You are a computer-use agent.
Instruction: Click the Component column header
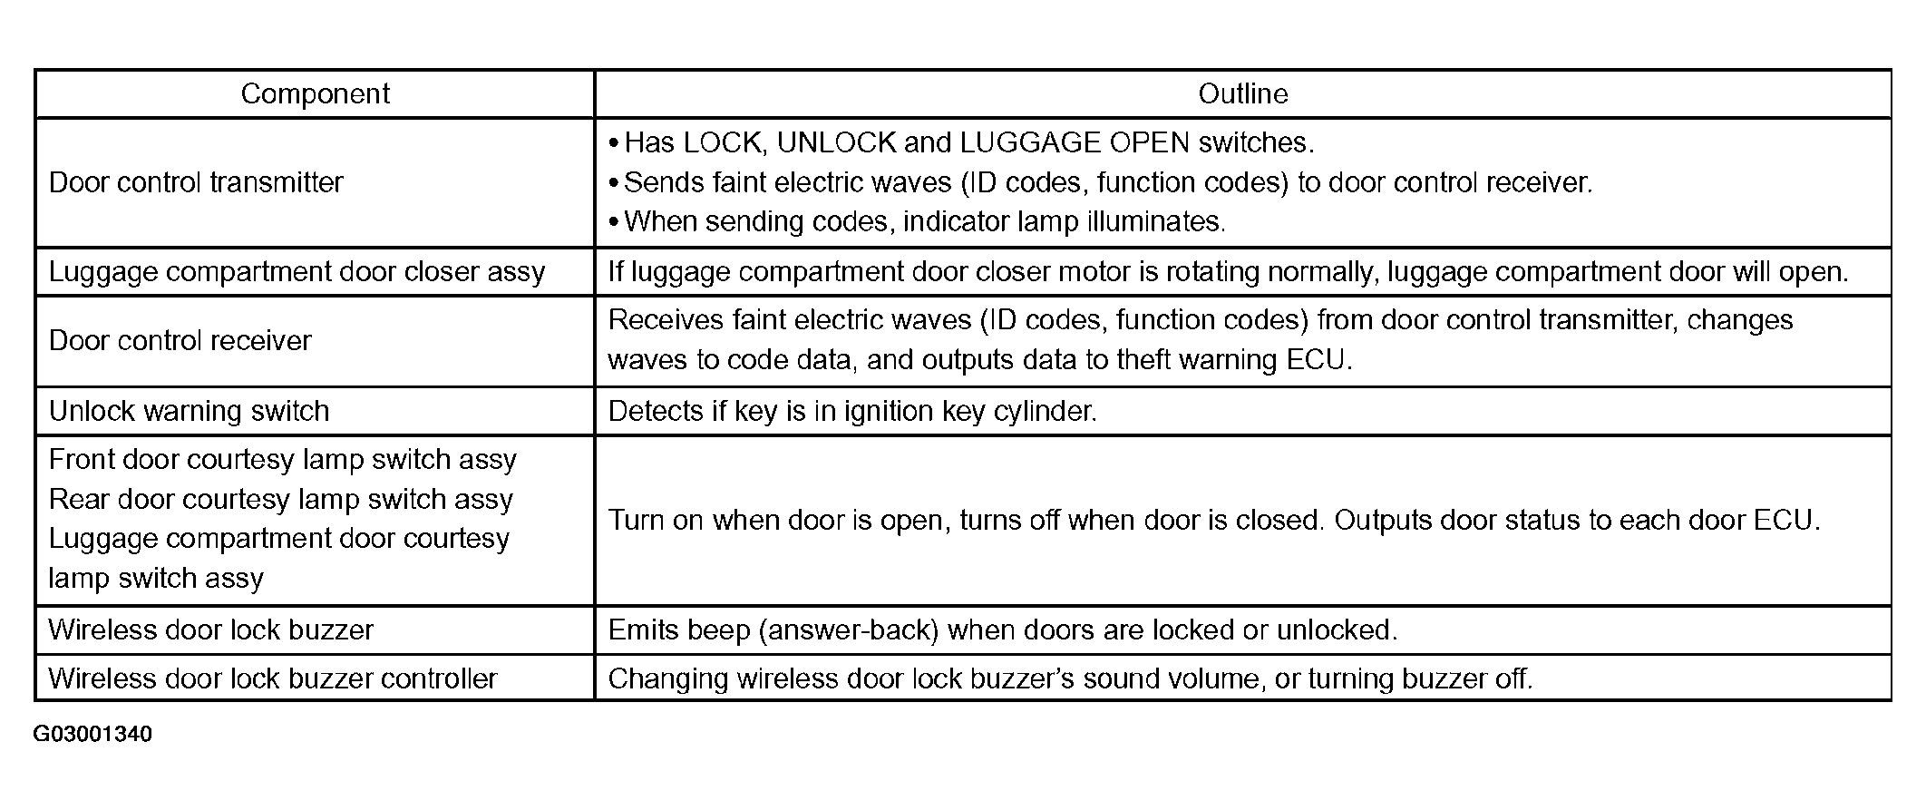[315, 93]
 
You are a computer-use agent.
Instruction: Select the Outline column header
[1242, 93]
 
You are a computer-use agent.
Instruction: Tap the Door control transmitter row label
[196, 182]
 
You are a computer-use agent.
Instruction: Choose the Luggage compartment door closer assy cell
[297, 271]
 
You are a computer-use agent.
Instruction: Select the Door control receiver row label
[180, 340]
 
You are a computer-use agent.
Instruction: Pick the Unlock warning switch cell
[189, 411]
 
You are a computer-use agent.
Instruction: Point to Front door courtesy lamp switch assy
[282, 460]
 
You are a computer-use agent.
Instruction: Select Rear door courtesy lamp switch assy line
[280, 499]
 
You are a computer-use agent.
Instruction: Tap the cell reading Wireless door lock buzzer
[210, 629]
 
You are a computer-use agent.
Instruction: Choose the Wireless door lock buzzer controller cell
[272, 678]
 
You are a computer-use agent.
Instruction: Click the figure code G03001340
[92, 734]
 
